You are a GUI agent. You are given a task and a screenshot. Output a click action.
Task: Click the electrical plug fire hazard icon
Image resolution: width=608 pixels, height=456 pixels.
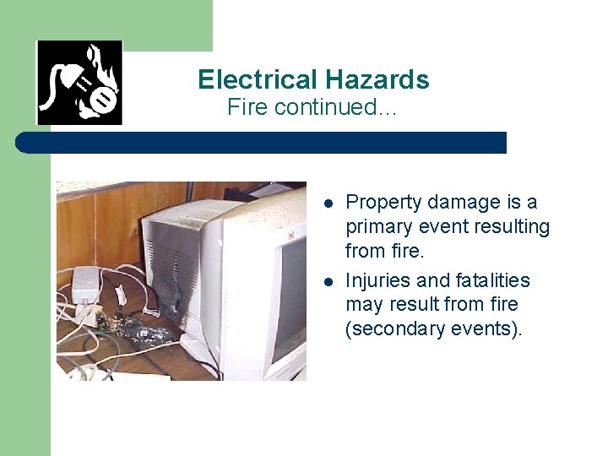click(79, 83)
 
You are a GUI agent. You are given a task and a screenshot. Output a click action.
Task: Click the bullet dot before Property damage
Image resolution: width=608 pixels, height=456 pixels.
click(329, 204)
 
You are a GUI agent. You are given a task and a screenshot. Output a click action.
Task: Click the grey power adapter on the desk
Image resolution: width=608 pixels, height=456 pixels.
click(88, 284)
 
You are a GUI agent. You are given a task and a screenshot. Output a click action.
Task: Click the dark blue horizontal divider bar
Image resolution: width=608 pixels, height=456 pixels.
click(262, 143)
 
